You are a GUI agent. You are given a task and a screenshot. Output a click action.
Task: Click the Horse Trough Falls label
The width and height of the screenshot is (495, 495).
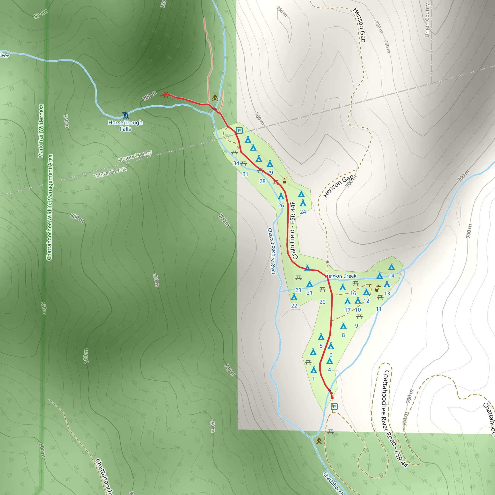tap(125, 125)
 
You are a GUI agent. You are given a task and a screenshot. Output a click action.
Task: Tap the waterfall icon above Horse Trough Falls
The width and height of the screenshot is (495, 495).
tap(125, 115)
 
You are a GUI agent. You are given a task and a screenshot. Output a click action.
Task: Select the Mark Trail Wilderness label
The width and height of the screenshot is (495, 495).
tap(41, 131)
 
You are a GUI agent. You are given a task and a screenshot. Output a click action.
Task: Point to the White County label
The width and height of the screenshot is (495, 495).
tap(110, 172)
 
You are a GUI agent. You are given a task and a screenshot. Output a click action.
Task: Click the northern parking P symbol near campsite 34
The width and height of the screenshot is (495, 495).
tap(239, 131)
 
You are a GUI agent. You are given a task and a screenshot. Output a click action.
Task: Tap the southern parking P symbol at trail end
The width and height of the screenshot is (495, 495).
tap(334, 406)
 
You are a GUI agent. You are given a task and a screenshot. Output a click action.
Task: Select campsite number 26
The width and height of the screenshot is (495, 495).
tap(281, 205)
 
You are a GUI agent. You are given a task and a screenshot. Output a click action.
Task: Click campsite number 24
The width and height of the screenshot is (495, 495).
tap(303, 212)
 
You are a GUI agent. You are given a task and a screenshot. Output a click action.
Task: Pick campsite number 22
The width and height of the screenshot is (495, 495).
tap(294, 306)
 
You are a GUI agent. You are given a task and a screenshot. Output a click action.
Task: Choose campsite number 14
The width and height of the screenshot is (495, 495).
tap(391, 276)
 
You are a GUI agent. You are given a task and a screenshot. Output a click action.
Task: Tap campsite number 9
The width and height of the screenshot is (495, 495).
tap(357, 326)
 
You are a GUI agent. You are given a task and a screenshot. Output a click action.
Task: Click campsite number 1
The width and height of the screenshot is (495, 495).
tap(313, 379)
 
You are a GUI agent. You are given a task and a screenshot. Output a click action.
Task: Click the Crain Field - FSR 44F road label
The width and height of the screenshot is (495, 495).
tap(293, 231)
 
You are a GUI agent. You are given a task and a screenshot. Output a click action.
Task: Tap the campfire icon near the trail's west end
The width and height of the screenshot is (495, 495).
tap(215, 97)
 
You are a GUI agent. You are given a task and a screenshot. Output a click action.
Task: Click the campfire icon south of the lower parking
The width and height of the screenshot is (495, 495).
tap(319, 441)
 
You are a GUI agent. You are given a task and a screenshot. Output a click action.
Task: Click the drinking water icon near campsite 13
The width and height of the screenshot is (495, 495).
tap(377, 289)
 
